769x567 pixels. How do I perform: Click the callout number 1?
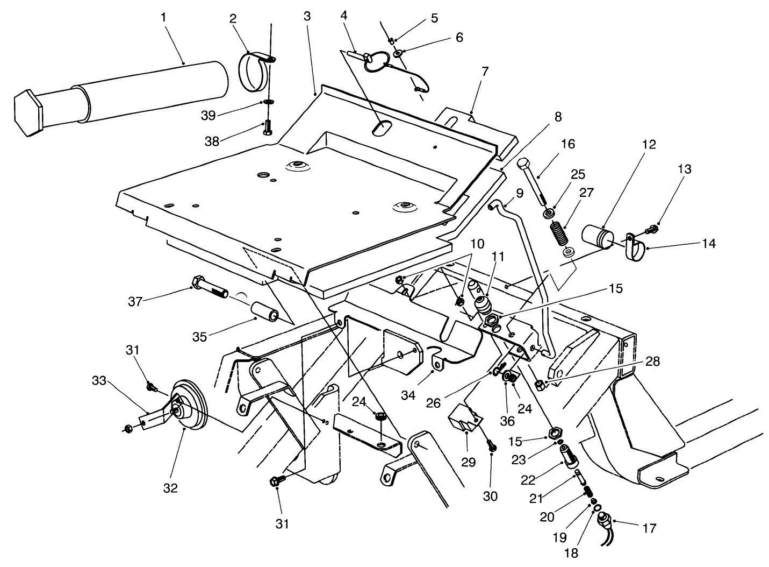click(x=163, y=17)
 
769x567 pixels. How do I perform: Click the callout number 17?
click(x=649, y=528)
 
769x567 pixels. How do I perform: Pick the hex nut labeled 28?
click(x=540, y=384)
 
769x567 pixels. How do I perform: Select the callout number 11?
click(x=498, y=257)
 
